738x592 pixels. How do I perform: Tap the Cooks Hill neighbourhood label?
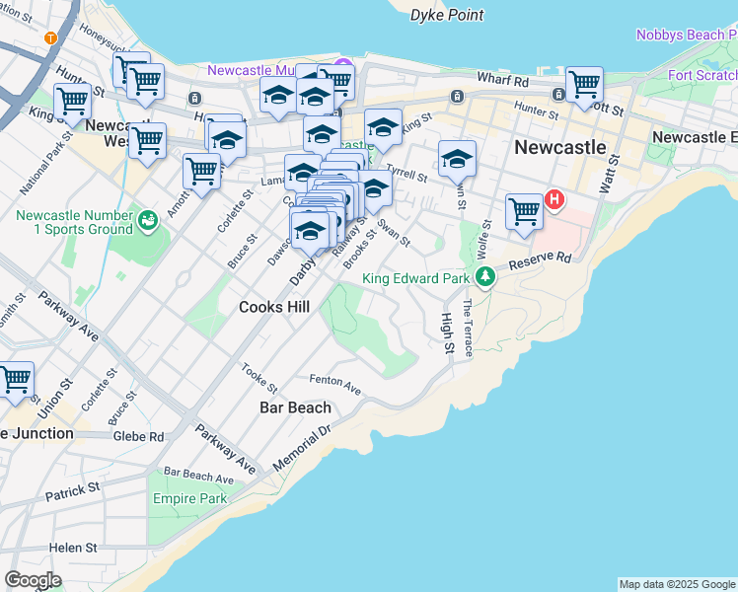(x=274, y=307)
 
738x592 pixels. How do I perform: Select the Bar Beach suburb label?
(x=295, y=407)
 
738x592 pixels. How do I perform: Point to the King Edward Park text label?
(x=415, y=278)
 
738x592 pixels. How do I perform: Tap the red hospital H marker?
(x=554, y=200)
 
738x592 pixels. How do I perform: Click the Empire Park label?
(x=189, y=498)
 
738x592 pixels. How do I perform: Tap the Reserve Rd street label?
(x=541, y=261)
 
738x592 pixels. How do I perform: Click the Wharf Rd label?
(x=503, y=78)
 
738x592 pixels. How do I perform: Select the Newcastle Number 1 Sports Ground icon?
(x=147, y=220)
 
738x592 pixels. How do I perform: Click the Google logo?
(x=33, y=580)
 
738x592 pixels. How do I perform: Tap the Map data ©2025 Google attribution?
(x=677, y=584)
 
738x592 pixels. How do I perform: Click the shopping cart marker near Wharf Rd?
(x=584, y=84)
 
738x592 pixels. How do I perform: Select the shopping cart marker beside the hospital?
(x=524, y=209)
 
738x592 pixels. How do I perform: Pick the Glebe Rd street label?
(x=138, y=435)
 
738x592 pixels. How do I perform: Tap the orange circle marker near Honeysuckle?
(x=50, y=37)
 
